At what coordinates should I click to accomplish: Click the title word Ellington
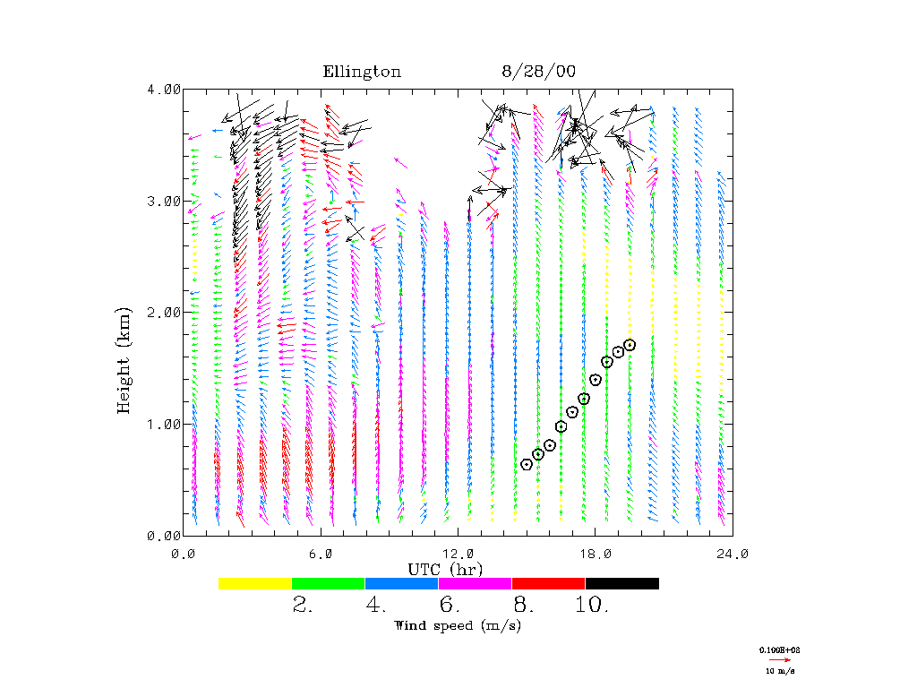click(x=362, y=72)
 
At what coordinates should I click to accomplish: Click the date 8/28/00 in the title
click(x=532, y=72)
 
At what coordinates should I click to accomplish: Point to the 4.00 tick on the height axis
click(x=165, y=89)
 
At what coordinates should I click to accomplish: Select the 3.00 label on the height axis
click(x=165, y=201)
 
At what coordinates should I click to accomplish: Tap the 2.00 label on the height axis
click(x=165, y=312)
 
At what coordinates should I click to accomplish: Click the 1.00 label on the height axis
click(x=165, y=424)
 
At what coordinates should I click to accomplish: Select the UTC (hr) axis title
click(x=446, y=569)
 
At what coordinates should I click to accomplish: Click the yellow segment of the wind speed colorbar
click(x=255, y=583)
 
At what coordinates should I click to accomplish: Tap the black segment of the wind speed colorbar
click(x=622, y=583)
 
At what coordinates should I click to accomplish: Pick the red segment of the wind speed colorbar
click(x=549, y=583)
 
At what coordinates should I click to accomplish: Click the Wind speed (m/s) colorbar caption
click(x=458, y=625)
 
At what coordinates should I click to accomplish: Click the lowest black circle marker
click(x=527, y=464)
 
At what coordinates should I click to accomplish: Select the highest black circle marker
click(x=630, y=345)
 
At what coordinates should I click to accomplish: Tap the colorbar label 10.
click(x=592, y=605)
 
